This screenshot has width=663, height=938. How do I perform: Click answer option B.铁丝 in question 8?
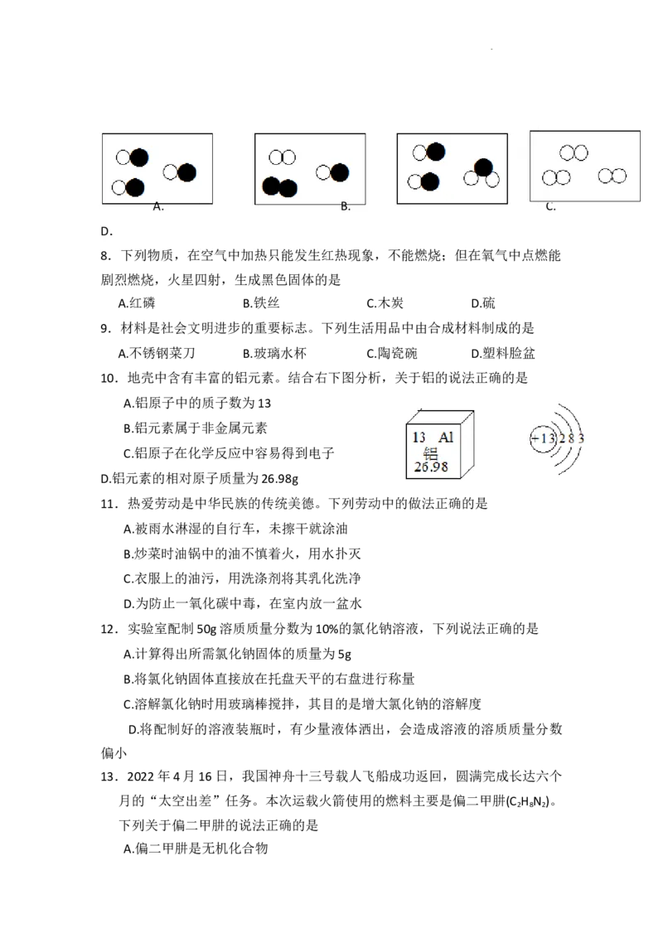pyautogui.click(x=262, y=303)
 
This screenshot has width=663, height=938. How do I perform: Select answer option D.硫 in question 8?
pyautogui.click(x=483, y=303)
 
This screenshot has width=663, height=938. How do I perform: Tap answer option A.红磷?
pyautogui.click(x=137, y=303)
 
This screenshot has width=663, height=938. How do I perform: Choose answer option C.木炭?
pyautogui.click(x=385, y=303)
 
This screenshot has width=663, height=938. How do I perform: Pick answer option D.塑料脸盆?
pyautogui.click(x=502, y=354)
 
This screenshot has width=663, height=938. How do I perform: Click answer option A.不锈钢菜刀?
pyautogui.click(x=157, y=354)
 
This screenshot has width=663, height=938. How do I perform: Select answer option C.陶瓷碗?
pyautogui.click(x=391, y=354)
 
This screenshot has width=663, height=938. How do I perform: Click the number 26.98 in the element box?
pyautogui.click(x=431, y=467)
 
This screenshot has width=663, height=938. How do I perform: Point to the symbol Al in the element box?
pyautogui.click(x=446, y=438)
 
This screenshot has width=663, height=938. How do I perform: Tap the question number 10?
pyautogui.click(x=108, y=379)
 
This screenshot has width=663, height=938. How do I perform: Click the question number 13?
pyautogui.click(x=108, y=777)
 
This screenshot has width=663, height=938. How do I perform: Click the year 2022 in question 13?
pyautogui.click(x=141, y=777)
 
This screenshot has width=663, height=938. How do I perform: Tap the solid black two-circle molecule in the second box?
pyautogui.click(x=279, y=187)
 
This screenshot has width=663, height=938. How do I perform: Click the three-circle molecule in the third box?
pyautogui.click(x=482, y=173)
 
